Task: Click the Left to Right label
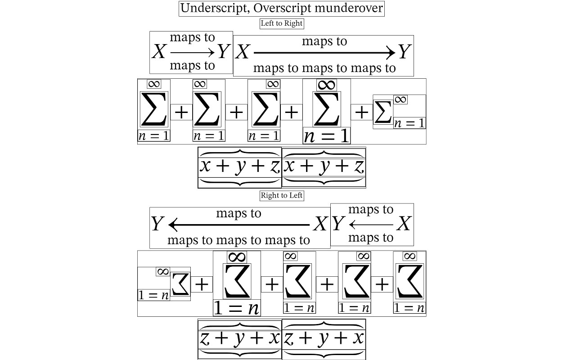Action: pyautogui.click(x=282, y=23)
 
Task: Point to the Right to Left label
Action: pyautogui.click(x=282, y=195)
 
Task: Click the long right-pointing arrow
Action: pyautogui.click(x=324, y=53)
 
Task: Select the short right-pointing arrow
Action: pyautogui.click(x=192, y=53)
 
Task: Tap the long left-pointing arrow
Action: pyautogui.click(x=238, y=224)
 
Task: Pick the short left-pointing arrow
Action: pyautogui.click(x=371, y=224)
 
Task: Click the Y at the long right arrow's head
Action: pyautogui.click(x=404, y=52)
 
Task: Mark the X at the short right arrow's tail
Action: pyautogui.click(x=159, y=52)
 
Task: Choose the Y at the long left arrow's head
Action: pyautogui.click(x=157, y=224)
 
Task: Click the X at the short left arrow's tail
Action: pyautogui.click(x=404, y=223)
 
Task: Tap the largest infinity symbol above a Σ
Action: pyautogui.click(x=327, y=85)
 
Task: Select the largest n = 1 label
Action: pyautogui.click(x=327, y=135)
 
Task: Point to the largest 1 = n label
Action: pyautogui.click(x=237, y=308)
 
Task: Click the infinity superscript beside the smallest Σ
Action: pyautogui.click(x=400, y=99)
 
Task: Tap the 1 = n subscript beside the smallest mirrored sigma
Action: pyautogui.click(x=153, y=295)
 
